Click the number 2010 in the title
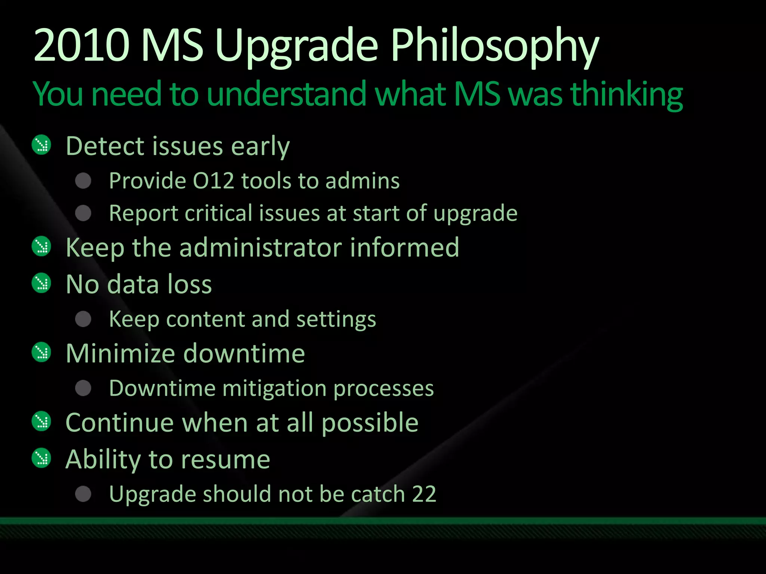(x=82, y=46)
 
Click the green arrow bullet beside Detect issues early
(x=41, y=145)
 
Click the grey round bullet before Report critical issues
(x=83, y=213)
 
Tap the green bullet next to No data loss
(x=41, y=283)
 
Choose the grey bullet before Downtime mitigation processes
(x=83, y=388)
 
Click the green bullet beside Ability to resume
(x=41, y=458)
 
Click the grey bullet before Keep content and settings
(x=83, y=319)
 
